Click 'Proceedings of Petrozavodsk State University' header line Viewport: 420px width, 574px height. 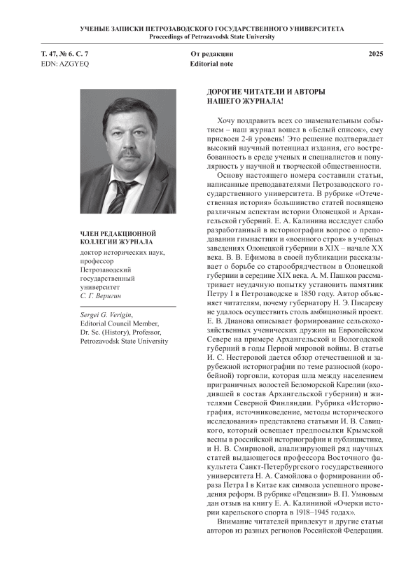pyautogui.click(x=209, y=36)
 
